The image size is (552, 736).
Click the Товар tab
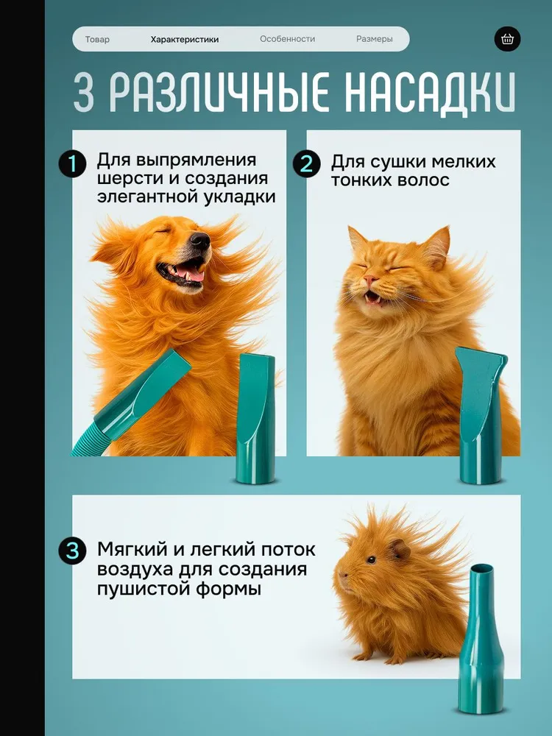click(97, 40)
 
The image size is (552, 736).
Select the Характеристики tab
click(185, 40)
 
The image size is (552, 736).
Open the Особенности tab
click(287, 39)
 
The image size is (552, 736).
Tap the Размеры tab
click(374, 40)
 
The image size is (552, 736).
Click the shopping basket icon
click(507, 39)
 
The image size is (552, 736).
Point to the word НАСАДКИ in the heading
click(430, 92)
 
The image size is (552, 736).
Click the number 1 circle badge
click(72, 164)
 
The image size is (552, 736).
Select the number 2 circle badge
click(306, 164)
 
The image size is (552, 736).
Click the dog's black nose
click(200, 241)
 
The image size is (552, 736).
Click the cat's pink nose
click(371, 280)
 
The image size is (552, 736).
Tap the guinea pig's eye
click(371, 559)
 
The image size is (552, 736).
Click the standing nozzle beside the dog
click(256, 419)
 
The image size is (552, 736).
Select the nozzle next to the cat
click(481, 415)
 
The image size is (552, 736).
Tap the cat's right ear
click(439, 245)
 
